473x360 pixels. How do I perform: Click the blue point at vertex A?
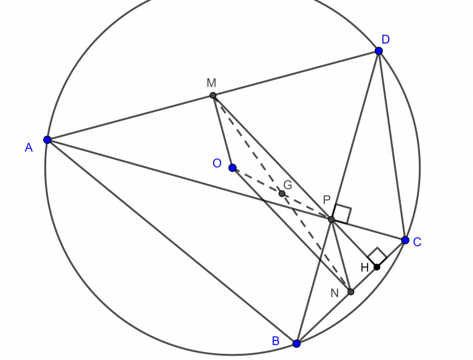click(x=47, y=140)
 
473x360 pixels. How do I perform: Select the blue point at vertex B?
click(x=296, y=344)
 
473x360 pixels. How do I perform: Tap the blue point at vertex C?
click(x=405, y=240)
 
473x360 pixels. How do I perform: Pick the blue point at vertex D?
click(x=379, y=51)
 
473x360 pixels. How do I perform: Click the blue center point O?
click(x=232, y=168)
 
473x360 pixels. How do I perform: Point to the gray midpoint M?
click(x=213, y=95)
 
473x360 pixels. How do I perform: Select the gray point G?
click(x=281, y=194)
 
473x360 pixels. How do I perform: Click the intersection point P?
click(x=331, y=220)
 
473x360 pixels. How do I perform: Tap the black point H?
click(x=377, y=267)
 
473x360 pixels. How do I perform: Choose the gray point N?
click(x=350, y=292)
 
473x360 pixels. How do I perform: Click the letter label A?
click(x=29, y=148)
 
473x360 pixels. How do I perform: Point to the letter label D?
click(x=386, y=39)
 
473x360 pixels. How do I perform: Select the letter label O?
click(x=217, y=163)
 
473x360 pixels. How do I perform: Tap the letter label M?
click(x=211, y=82)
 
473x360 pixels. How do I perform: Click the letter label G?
click(x=288, y=185)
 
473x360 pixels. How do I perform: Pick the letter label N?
click(x=334, y=293)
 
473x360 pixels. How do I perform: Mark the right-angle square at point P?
click(x=342, y=214)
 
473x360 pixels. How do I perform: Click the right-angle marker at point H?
click(x=377, y=257)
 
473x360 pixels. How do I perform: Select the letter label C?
click(x=417, y=242)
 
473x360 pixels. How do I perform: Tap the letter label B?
click(x=276, y=341)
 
